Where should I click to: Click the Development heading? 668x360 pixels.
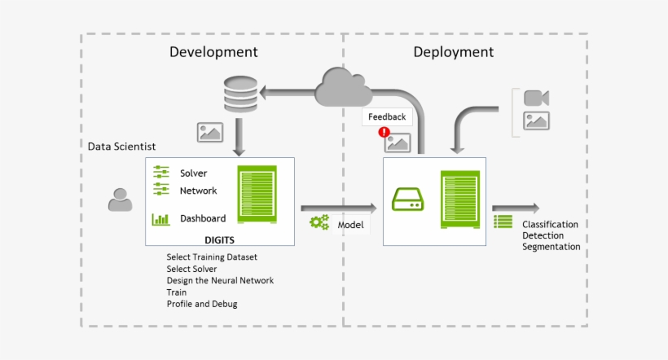[x=213, y=52]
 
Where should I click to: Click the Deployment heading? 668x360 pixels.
[x=453, y=52]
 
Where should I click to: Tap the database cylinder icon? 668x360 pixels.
[x=240, y=94]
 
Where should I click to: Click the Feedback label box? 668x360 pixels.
[x=386, y=117]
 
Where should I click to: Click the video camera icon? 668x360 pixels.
[x=536, y=98]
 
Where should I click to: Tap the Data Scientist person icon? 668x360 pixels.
[x=121, y=200]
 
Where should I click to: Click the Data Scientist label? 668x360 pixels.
[x=122, y=146]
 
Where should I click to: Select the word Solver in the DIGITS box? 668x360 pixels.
[x=193, y=173]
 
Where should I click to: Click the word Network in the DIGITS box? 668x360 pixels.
[x=198, y=191]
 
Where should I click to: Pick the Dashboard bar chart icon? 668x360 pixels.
[x=160, y=218]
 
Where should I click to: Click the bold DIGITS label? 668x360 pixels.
[x=220, y=239]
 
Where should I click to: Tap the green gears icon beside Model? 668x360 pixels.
[x=319, y=222]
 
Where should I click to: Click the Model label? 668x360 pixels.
[x=350, y=224]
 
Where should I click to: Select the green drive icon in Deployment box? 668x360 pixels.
[x=408, y=200]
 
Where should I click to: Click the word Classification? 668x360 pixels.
[x=550, y=224]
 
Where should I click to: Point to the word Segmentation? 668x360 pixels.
[x=552, y=247]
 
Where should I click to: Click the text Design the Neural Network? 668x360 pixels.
[x=220, y=280]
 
